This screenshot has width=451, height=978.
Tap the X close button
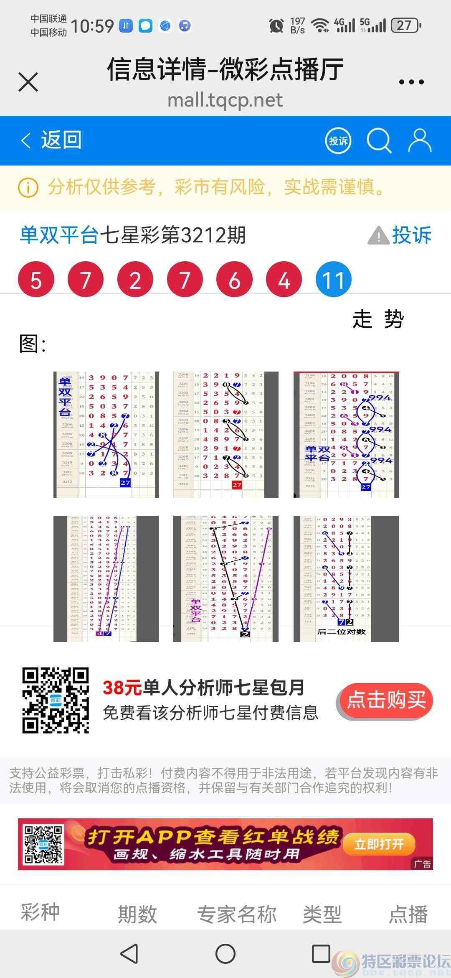(x=28, y=81)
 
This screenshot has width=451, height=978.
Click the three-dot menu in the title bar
(x=411, y=82)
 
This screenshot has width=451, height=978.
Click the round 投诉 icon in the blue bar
(x=338, y=141)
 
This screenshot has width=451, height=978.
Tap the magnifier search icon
(x=378, y=141)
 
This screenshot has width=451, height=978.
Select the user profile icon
(x=419, y=140)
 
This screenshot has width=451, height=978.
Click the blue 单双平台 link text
(x=59, y=235)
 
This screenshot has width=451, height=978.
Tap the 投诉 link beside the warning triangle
(x=411, y=235)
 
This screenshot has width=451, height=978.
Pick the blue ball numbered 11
(x=333, y=280)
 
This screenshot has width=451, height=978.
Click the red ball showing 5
(x=36, y=280)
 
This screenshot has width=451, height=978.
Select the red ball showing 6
(x=234, y=280)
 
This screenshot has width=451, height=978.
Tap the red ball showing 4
(x=284, y=280)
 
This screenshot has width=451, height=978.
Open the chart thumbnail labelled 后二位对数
(x=346, y=578)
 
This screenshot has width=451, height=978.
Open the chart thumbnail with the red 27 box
(x=225, y=434)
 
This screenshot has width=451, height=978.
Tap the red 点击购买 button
(x=386, y=700)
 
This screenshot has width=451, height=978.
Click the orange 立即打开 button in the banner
(x=379, y=844)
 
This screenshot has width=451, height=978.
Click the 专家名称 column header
(x=237, y=914)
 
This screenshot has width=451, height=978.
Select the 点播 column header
(x=408, y=914)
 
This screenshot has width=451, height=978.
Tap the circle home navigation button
(x=225, y=954)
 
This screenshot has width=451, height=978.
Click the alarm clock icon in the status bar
(x=276, y=26)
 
